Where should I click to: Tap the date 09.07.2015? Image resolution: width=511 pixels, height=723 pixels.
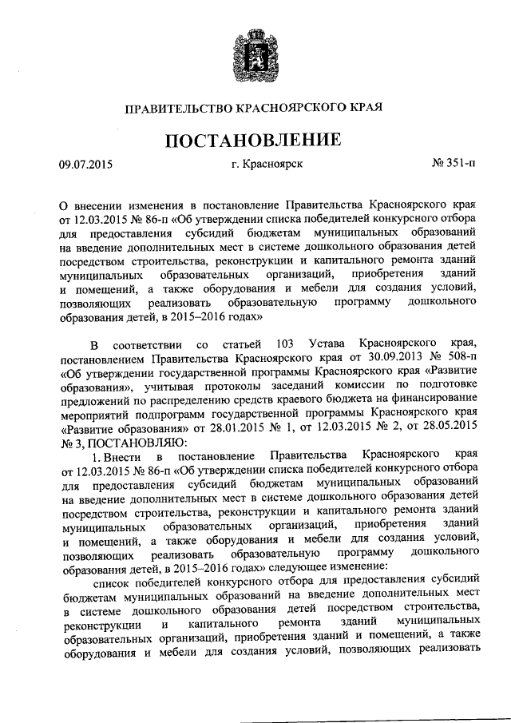pyautogui.click(x=85, y=166)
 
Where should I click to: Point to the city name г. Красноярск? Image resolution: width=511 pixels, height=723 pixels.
pyautogui.click(x=267, y=166)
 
